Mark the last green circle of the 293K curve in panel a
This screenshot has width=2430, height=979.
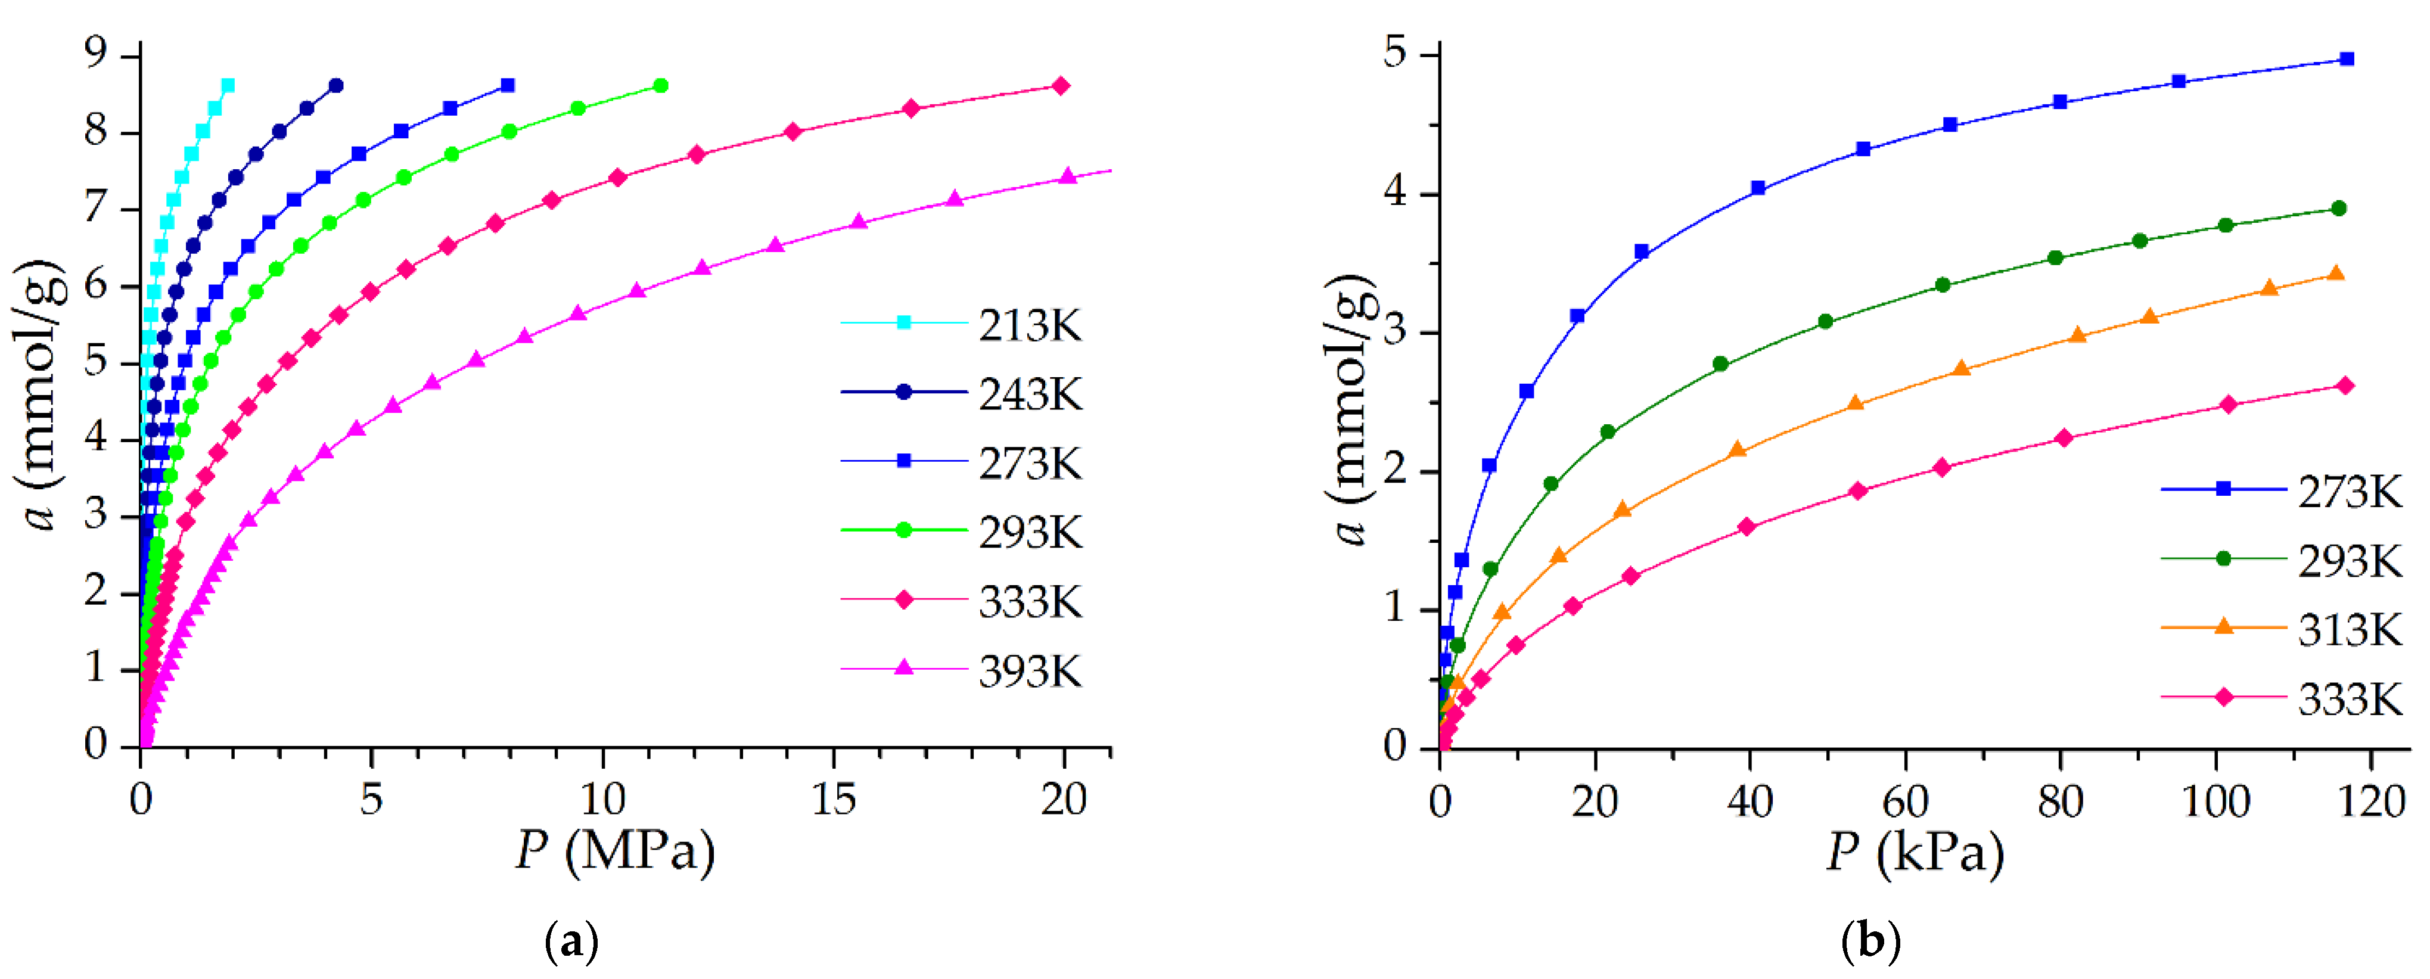pos(660,86)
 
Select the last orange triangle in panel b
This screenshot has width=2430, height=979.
pos(2336,274)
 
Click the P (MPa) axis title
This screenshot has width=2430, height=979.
pos(615,851)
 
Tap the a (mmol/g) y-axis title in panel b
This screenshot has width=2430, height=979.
pos(1351,411)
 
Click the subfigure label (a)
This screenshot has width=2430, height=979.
pos(571,942)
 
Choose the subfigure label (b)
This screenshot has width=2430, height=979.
pos(1870,942)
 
